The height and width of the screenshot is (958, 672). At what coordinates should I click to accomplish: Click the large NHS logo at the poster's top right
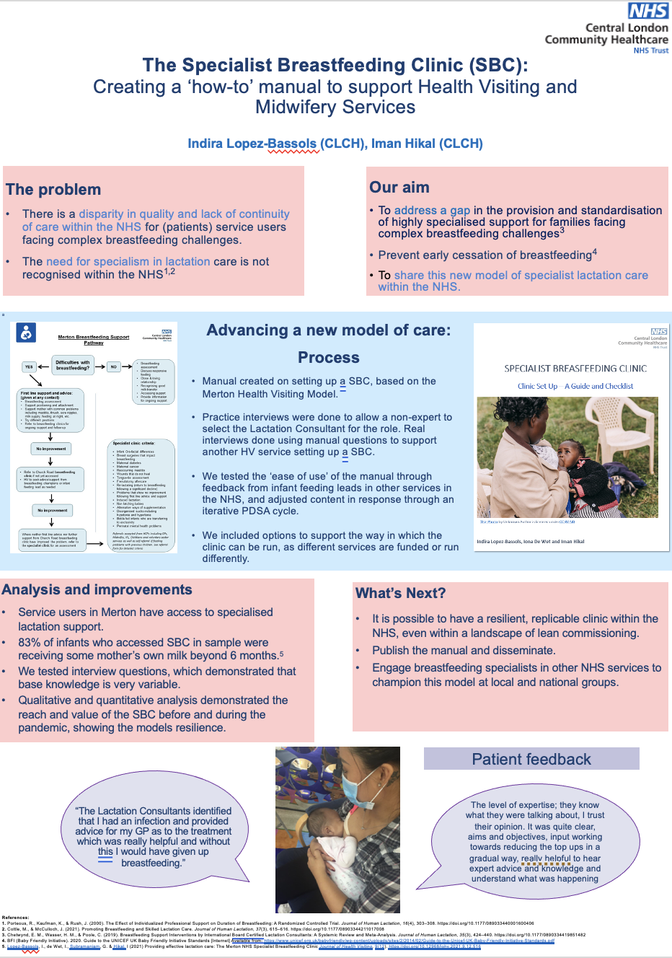coord(648,11)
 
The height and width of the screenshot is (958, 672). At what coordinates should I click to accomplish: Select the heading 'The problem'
coord(53,190)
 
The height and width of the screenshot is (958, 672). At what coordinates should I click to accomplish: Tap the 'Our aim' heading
coord(399,188)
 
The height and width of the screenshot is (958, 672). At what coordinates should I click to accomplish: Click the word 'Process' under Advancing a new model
coord(328,358)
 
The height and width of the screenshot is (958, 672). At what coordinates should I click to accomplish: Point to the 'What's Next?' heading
coord(400,593)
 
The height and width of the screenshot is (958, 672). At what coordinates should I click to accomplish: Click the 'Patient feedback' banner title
coord(531,759)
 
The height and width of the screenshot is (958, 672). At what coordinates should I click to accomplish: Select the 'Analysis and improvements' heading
coord(97,589)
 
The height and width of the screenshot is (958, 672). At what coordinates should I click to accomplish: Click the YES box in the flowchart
coord(29,366)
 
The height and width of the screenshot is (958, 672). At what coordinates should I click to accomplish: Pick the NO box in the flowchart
coord(113,366)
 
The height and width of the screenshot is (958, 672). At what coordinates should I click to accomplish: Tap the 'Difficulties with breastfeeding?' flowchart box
coord(72,365)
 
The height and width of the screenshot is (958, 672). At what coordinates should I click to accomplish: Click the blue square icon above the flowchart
coord(26,333)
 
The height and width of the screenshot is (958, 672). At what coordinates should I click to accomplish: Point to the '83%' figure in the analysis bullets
coord(30,642)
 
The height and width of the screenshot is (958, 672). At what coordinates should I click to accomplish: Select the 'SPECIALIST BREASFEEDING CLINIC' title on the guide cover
coord(575,369)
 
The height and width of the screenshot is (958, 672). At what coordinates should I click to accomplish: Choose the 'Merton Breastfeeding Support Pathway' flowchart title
coord(94,339)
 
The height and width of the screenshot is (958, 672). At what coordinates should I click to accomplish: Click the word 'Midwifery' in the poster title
coord(289,107)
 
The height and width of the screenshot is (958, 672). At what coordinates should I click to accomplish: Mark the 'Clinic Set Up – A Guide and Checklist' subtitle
coord(575,386)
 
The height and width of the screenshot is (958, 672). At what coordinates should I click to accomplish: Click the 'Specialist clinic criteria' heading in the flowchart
coord(133,443)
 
